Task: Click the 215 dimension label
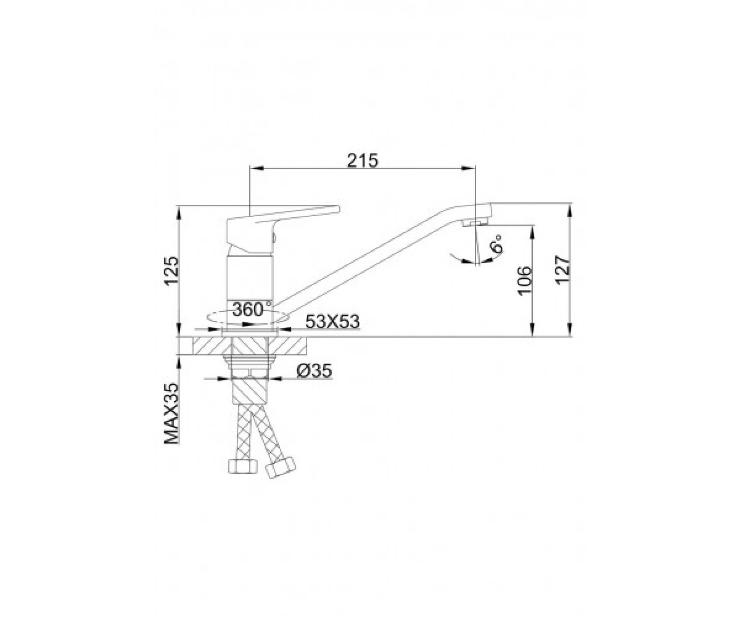(x=363, y=160)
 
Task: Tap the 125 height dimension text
(x=172, y=271)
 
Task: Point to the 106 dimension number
(x=525, y=281)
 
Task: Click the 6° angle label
(x=496, y=243)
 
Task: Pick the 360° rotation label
(x=252, y=310)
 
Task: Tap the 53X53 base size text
(x=332, y=321)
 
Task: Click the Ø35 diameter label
(x=314, y=371)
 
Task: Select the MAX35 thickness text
(x=172, y=413)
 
